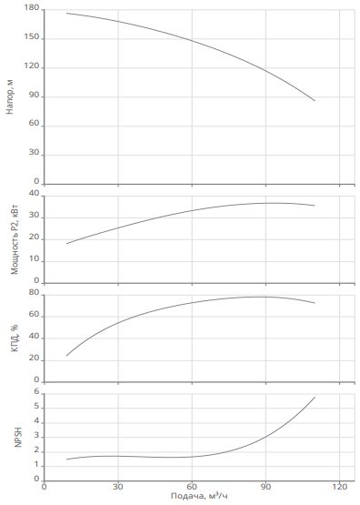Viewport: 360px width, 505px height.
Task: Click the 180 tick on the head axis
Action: coord(31,7)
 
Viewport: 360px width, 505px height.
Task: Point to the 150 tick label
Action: coord(31,36)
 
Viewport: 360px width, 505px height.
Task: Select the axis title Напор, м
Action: coord(10,96)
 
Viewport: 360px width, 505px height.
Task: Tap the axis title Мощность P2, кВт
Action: coord(15,239)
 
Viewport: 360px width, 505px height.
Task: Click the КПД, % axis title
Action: coord(15,338)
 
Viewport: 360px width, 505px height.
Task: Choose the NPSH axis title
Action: coord(18,437)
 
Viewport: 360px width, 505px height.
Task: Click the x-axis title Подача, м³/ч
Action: coord(199,496)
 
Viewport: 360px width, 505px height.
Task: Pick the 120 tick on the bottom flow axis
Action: coord(340,486)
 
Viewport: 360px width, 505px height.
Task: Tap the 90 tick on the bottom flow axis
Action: coord(265,486)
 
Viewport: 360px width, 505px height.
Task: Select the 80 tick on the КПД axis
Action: coord(34,293)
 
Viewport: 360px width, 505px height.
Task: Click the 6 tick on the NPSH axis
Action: coord(36,392)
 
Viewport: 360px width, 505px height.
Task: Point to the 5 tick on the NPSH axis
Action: coord(36,407)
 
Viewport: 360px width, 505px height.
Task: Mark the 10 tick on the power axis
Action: coord(34,259)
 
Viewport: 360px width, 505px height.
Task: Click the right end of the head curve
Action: coord(315,101)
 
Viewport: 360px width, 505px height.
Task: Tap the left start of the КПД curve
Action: coord(66,356)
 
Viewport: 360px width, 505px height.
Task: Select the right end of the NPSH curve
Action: coord(315,398)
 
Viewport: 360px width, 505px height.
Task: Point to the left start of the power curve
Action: coord(66,244)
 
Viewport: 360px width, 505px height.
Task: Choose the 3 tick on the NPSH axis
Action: coord(36,436)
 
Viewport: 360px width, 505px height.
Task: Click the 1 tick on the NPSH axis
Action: coord(36,465)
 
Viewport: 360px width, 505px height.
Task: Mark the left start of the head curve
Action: coord(66,14)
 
